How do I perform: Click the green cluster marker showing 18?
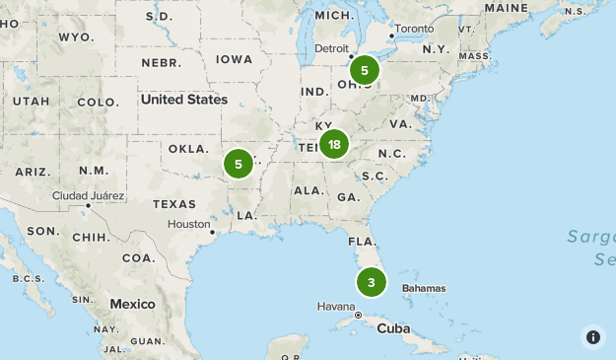coord(334,145)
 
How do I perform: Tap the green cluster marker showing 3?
coord(371,283)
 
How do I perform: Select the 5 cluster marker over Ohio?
coord(364,70)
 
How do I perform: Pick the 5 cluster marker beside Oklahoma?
coord(238,163)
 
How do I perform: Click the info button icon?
coord(592,336)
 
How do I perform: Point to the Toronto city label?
coord(415,29)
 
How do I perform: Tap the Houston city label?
coord(188,224)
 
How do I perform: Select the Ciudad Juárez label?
coord(89,195)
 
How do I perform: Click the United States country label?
coord(183,100)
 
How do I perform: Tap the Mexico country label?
coord(132,304)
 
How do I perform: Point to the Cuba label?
coord(392,328)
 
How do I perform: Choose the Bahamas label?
coord(424,288)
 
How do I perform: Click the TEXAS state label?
coord(174,204)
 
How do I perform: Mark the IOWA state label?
coord(235,59)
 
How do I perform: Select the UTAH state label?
coord(30,101)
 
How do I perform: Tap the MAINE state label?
coord(507,8)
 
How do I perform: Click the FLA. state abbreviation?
coord(361,241)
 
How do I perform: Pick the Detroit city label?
coord(331,48)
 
